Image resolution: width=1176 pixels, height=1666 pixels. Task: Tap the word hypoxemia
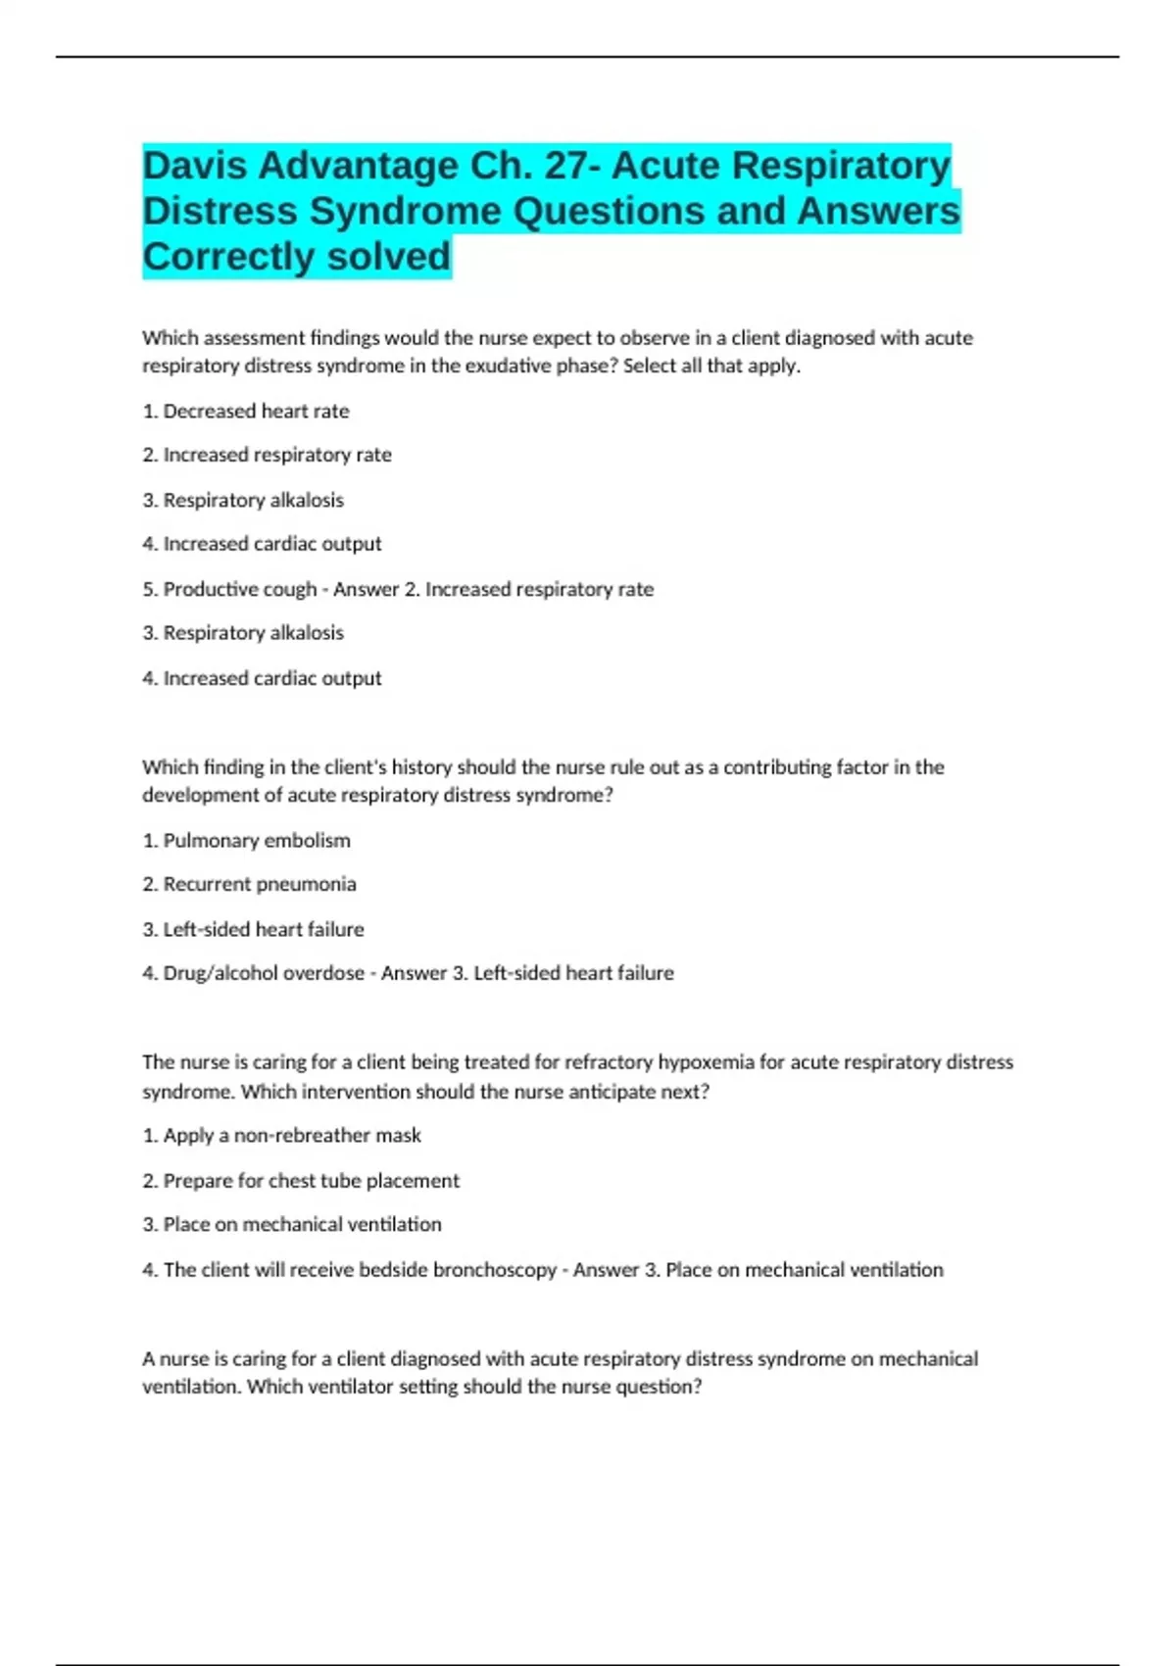pos(707,1061)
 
